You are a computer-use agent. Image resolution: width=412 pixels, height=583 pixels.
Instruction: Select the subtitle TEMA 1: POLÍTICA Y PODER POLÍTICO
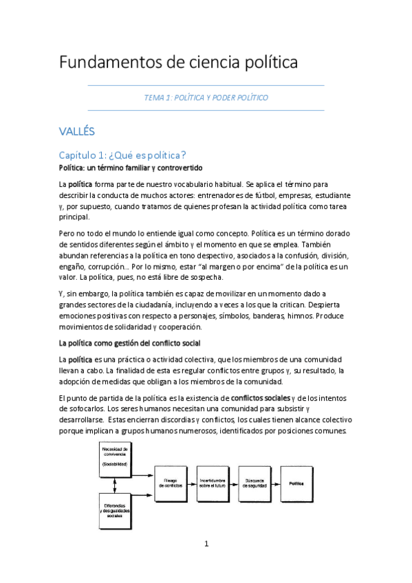click(206, 98)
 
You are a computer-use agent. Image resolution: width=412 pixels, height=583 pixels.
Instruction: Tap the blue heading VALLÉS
click(76, 131)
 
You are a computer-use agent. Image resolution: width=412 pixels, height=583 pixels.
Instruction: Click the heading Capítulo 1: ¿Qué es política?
click(122, 155)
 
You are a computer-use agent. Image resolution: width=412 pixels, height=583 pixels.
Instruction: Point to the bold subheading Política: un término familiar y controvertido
click(130, 168)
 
